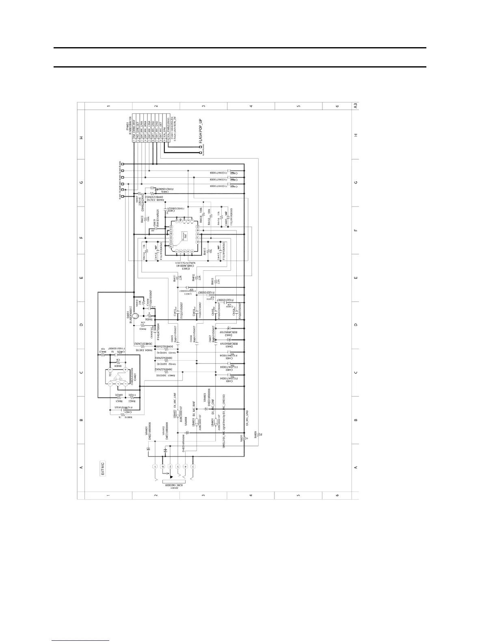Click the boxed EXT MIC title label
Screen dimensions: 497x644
[103, 468]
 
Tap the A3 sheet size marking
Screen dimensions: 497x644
[355, 106]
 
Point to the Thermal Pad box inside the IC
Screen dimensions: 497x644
[184, 238]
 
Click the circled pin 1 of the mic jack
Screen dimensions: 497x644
[154, 466]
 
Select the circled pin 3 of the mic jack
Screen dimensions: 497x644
[193, 466]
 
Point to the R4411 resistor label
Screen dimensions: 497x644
[175, 278]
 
